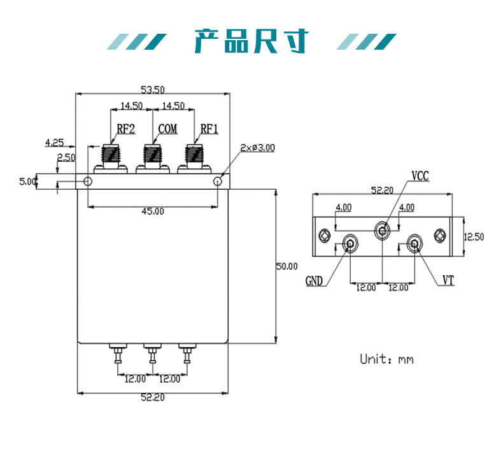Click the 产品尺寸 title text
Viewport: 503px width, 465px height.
251,41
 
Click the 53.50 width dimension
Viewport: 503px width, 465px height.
152,89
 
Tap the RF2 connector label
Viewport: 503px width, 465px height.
125,129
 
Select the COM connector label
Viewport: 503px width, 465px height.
167,129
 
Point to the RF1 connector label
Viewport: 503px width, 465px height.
209,129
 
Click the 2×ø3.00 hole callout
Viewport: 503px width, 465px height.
258,147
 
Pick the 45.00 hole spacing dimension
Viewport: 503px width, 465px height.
152,211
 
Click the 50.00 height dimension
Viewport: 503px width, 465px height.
286,266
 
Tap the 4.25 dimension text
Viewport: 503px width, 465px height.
54,142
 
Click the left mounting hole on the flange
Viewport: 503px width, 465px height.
88,182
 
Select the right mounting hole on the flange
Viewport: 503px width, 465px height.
218,182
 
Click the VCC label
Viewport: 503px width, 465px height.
420,176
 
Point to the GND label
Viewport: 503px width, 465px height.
315,281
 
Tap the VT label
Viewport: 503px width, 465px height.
449,280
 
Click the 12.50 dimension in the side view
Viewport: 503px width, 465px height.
473,236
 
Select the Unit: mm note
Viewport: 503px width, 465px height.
386,359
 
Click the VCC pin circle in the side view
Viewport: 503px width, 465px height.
382,230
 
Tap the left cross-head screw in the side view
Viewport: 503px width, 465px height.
326,236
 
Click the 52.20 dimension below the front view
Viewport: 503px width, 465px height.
152,397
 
